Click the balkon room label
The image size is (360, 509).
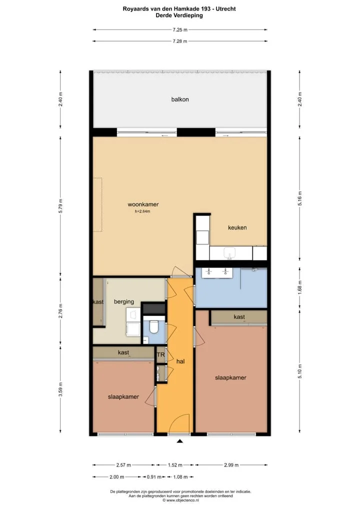click(180, 99)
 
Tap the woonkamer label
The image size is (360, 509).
click(143, 204)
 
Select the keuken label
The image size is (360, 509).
click(237, 227)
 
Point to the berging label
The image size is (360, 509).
click(124, 301)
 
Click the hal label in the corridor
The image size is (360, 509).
click(180, 361)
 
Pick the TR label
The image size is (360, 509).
click(160, 355)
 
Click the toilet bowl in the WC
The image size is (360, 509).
click(153, 327)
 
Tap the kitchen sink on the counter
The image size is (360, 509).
click(230, 253)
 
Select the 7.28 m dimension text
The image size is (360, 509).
click(180, 41)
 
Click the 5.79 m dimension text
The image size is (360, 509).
click(60, 206)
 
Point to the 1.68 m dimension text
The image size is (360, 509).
click(300, 286)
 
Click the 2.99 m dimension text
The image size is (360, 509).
click(231, 465)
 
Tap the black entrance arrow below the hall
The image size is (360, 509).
click(179, 441)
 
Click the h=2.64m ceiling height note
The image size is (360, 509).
click(142, 211)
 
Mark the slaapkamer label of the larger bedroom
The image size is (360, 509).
click(230, 377)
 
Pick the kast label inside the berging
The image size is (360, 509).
click(98, 302)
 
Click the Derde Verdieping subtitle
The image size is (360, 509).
click(179, 15)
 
